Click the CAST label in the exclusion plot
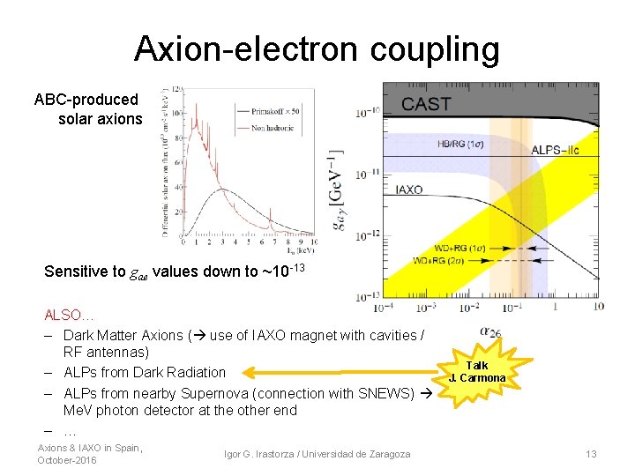pyautogui.click(x=427, y=103)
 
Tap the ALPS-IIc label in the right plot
pyautogui.click(x=556, y=151)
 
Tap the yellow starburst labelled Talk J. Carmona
pyautogui.click(x=476, y=372)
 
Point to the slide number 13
pyautogui.click(x=591, y=454)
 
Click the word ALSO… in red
pyautogui.click(x=70, y=315)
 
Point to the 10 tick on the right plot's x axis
pyautogui.click(x=599, y=307)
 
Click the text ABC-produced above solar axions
pyautogui.click(x=86, y=100)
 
